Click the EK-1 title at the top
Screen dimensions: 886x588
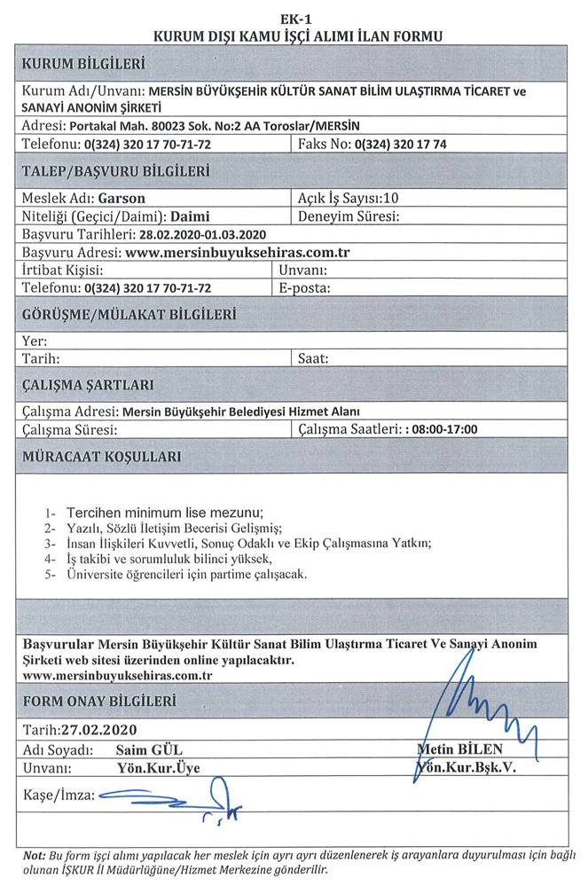coord(294,19)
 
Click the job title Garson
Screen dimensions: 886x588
coord(122,199)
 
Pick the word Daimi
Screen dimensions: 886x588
coord(189,216)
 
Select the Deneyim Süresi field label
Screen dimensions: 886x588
coord(352,216)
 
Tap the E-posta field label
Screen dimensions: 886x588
coord(304,287)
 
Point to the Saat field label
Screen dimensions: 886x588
coord(313,359)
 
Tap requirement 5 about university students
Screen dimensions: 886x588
coord(187,575)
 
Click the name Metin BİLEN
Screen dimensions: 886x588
coord(459,749)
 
